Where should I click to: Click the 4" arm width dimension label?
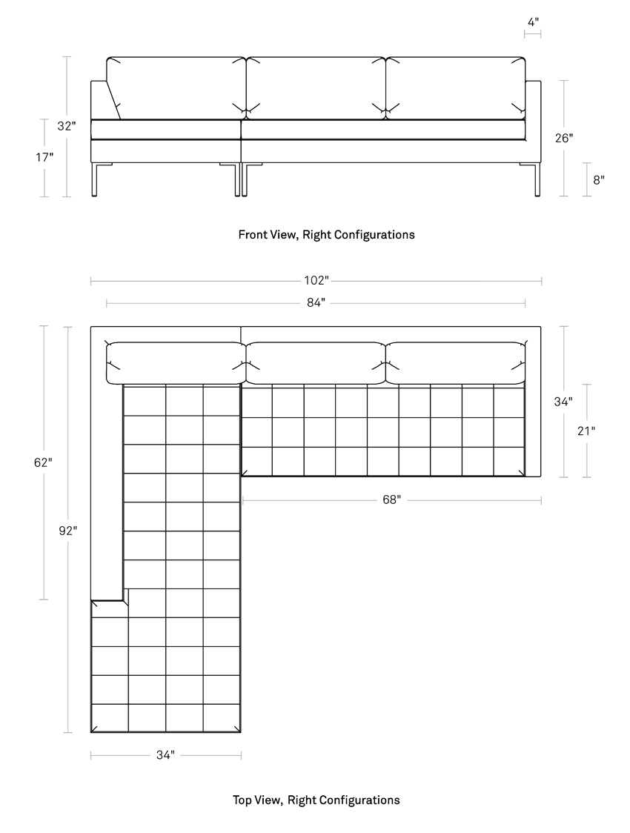coord(533,21)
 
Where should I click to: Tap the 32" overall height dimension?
coord(67,127)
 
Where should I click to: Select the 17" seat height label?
coord(44,157)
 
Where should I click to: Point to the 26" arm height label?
coord(563,138)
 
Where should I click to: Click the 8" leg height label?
coord(599,180)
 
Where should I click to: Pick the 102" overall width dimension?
coord(316,280)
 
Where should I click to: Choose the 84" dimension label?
coord(316,303)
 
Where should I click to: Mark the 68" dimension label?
coord(391,500)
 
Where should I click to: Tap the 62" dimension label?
coord(43,462)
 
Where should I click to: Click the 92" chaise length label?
coord(68,530)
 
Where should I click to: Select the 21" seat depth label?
coord(586,431)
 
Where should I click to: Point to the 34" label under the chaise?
coord(165,755)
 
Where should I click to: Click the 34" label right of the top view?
coord(563,402)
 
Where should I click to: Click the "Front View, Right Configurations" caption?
coord(326,235)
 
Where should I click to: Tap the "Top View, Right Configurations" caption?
coord(316,800)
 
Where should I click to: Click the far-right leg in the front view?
coord(537,179)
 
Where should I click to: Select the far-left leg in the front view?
coord(95,179)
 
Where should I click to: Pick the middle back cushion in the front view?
coord(316,88)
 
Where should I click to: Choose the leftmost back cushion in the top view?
coord(176,363)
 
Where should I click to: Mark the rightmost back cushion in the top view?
coord(456,363)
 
